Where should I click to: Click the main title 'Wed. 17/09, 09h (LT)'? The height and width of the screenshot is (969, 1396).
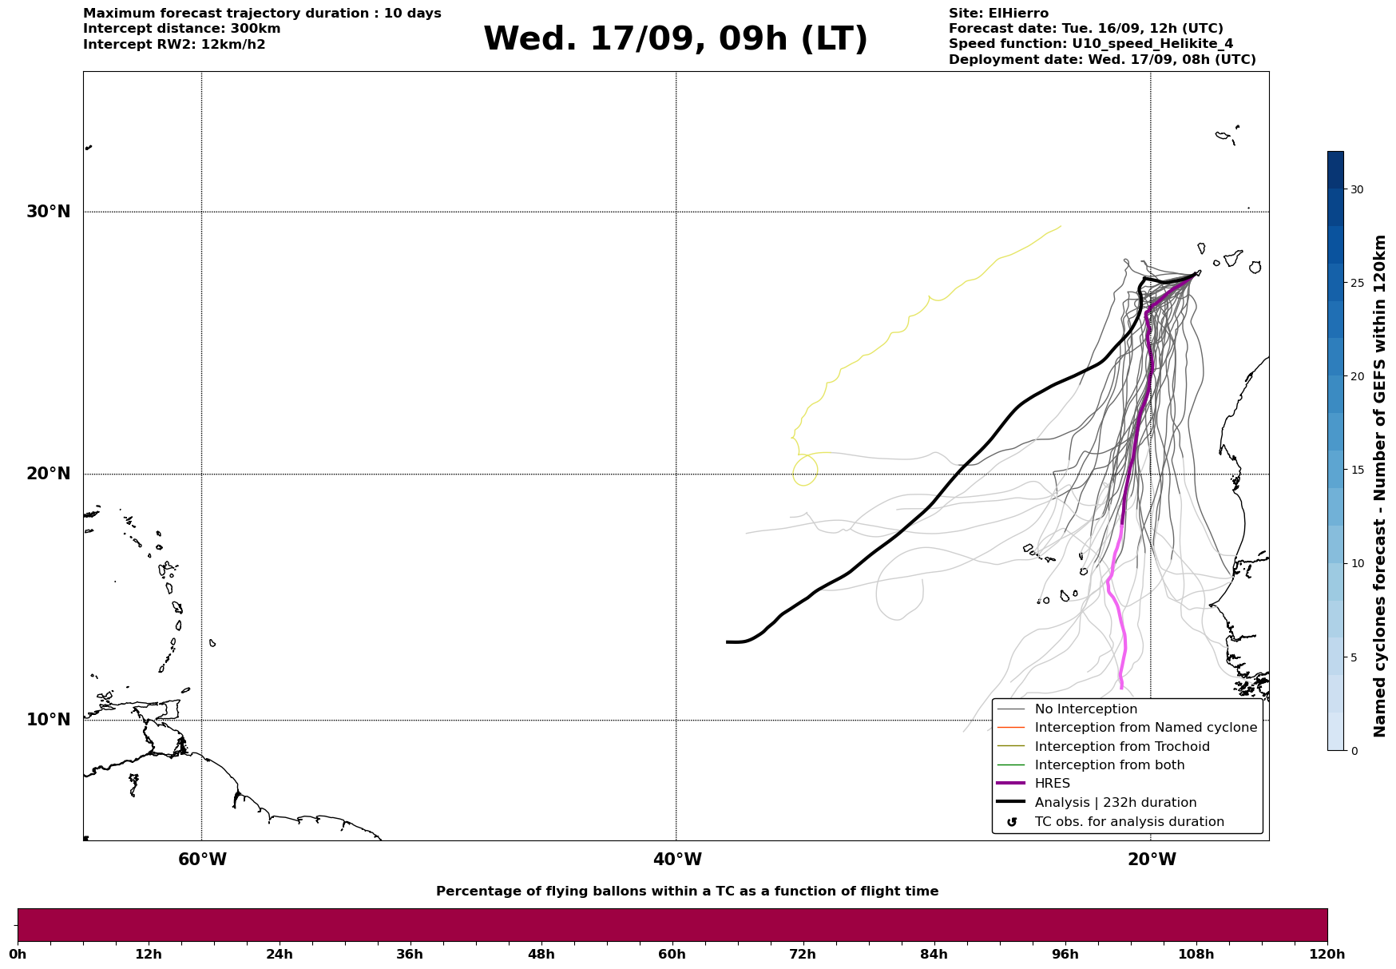click(675, 39)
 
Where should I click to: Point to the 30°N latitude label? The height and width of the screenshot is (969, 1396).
click(49, 212)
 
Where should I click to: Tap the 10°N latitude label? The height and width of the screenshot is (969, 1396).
click(49, 720)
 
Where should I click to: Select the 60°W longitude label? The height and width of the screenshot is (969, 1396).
click(202, 860)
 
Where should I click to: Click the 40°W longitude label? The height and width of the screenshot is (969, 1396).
click(677, 860)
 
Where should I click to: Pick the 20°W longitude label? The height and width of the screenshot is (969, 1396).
click(1152, 860)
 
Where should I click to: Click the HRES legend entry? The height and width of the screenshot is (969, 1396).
click(1052, 784)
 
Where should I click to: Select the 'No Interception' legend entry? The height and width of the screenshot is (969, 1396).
click(1085, 709)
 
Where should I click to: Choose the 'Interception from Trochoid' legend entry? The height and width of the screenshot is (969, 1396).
click(1121, 747)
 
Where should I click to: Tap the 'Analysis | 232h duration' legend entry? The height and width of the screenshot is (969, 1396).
click(1115, 803)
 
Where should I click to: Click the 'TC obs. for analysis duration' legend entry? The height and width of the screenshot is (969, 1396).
click(1128, 822)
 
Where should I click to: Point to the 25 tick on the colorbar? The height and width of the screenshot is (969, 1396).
click(1356, 283)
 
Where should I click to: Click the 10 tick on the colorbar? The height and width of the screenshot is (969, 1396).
click(1356, 563)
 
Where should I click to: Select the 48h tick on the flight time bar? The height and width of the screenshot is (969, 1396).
click(541, 954)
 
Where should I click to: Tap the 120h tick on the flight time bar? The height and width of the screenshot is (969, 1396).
click(1327, 954)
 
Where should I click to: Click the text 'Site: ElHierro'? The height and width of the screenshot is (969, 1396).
click(998, 14)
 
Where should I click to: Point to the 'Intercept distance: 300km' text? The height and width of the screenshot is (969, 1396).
click(181, 29)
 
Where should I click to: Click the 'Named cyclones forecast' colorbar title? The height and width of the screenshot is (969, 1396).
click(1379, 486)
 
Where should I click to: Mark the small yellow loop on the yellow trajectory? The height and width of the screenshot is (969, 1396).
click(805, 471)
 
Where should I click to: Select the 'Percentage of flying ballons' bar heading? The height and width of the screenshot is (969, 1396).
click(687, 892)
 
